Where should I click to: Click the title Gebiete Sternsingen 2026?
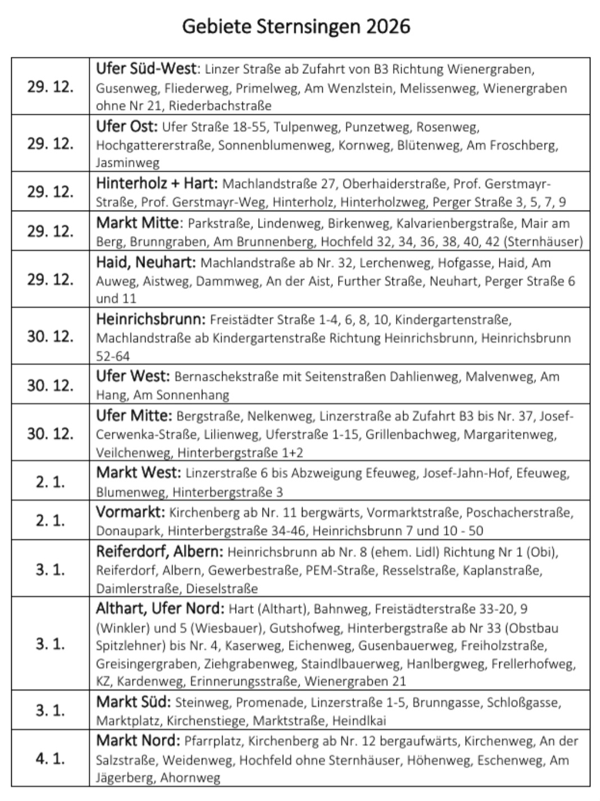pos(296,26)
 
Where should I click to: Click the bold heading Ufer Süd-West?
pos(147,69)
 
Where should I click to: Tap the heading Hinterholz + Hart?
pos(156,184)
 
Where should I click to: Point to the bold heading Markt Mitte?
pos(138,223)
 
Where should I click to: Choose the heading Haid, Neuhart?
pos(146,262)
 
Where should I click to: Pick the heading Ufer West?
pos(132,376)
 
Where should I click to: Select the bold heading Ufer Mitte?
pos(134,416)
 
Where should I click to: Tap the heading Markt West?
pos(138,473)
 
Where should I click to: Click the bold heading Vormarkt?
pos(130,513)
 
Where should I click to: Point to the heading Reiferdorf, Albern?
pos(160,552)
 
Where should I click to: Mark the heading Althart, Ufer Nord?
pos(160,608)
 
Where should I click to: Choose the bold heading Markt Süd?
pos(133,702)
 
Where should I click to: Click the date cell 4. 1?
pos(50,758)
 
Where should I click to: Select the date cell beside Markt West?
pos(50,481)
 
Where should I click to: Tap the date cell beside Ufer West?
pos(50,385)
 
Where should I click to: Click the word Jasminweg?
pos(128,163)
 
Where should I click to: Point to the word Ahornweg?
pos(190,778)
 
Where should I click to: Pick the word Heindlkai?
pos(359,721)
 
